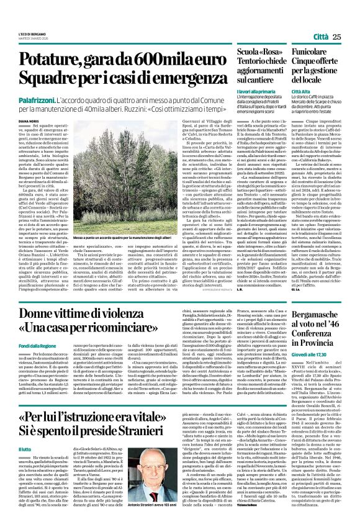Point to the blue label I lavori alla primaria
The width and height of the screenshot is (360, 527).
[256, 92]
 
